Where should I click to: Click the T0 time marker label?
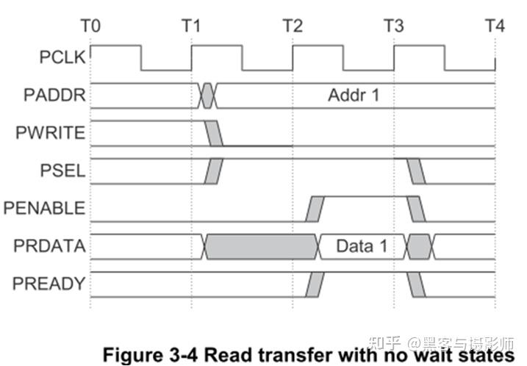[x=90, y=26]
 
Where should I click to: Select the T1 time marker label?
[x=191, y=26]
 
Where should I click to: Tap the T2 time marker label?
[x=293, y=26]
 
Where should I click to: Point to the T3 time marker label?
[x=394, y=26]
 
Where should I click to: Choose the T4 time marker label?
[x=495, y=26]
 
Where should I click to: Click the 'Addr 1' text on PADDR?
[x=354, y=95]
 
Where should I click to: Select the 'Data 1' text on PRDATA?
[x=362, y=246]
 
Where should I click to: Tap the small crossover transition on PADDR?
[x=208, y=95]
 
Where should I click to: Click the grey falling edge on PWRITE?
[x=214, y=133]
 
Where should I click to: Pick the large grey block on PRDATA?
[x=261, y=246]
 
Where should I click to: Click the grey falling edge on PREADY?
[x=417, y=284]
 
